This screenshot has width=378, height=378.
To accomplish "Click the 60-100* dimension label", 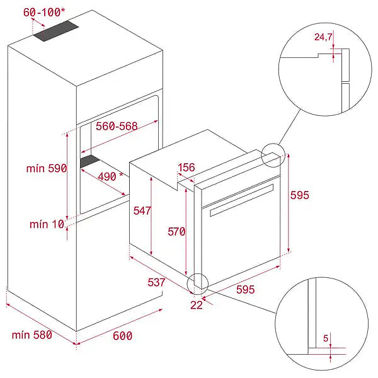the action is click(x=44, y=13).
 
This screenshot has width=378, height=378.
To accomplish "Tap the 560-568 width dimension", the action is click(x=117, y=126).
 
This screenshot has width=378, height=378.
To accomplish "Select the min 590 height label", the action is click(x=47, y=168).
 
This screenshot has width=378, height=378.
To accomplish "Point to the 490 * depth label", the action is click(x=110, y=176).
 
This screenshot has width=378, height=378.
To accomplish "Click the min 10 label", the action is click(x=47, y=224).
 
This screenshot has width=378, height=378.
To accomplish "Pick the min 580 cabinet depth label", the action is click(x=32, y=335).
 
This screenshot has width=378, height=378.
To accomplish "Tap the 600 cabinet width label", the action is click(x=122, y=336).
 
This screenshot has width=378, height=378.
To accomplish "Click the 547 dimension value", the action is click(x=142, y=210).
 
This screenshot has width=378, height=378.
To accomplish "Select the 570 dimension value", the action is click(x=176, y=232).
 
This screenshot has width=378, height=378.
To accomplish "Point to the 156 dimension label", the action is click(x=186, y=168).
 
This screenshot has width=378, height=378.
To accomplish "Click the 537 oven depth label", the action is click(x=156, y=282).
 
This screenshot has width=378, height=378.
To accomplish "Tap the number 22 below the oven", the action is click(x=197, y=305).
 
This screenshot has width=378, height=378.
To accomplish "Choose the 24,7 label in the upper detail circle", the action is click(x=323, y=37).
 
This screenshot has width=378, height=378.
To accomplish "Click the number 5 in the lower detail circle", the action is click(x=326, y=338).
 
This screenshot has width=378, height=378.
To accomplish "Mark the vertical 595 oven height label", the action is click(x=300, y=195).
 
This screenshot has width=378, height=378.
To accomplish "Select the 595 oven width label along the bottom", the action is click(x=246, y=290).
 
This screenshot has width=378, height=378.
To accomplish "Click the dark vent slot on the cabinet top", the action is click(x=56, y=31).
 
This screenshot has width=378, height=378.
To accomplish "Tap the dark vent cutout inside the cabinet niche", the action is click(x=89, y=161).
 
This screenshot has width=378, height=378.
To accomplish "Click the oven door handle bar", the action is click(x=241, y=200).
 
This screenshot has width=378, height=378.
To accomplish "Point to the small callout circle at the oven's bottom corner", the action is click(x=197, y=284).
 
